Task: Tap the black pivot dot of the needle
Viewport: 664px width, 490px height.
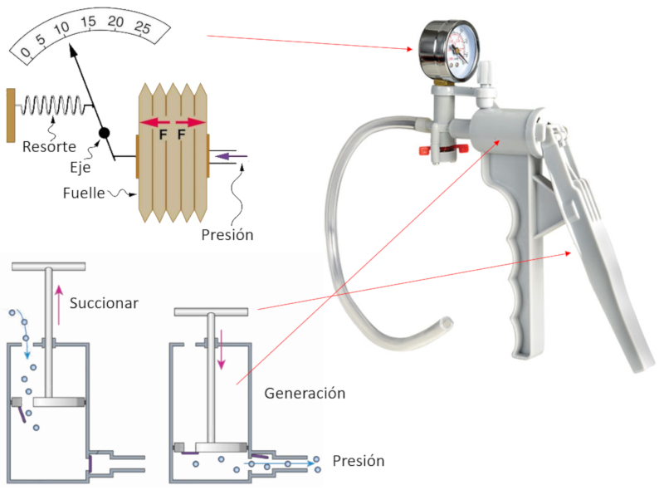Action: point(104,133)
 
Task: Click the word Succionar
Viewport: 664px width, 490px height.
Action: point(104,303)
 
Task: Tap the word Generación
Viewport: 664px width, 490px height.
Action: point(305,393)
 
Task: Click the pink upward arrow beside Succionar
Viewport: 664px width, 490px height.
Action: point(59,303)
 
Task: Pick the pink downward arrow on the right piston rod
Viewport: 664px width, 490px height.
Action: point(222,350)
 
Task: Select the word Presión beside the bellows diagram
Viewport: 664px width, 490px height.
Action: point(227,234)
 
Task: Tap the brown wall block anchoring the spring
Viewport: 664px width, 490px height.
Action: point(10,114)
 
